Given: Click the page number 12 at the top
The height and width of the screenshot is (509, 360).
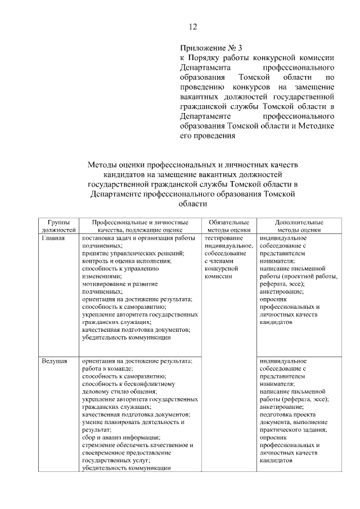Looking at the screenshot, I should pyautogui.click(x=193, y=26).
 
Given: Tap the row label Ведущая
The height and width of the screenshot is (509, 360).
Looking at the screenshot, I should pyautogui.click(x=55, y=361).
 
